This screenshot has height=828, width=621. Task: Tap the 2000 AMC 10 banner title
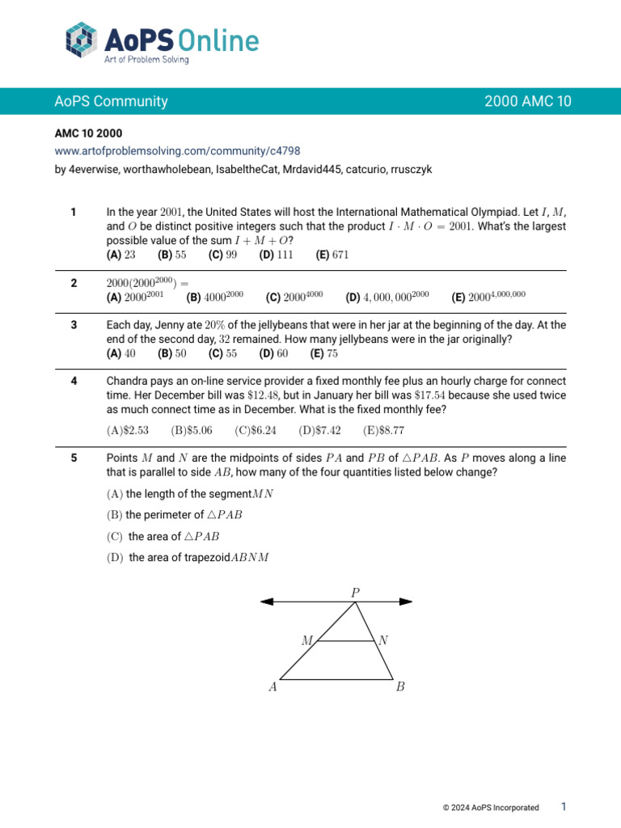click(527, 101)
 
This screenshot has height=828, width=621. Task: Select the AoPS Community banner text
click(112, 101)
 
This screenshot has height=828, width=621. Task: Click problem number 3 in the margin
click(74, 325)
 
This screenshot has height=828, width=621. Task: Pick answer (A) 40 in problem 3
click(121, 354)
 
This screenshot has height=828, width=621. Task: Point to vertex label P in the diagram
click(355, 593)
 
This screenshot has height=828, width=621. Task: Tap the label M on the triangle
click(307, 640)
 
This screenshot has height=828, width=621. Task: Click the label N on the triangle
click(383, 640)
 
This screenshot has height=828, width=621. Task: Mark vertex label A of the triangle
click(272, 688)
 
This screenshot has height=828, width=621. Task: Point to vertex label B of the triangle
click(400, 688)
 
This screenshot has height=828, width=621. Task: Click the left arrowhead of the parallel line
click(268, 601)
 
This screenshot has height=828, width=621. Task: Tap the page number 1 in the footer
click(564, 806)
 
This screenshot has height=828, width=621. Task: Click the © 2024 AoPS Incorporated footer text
click(491, 807)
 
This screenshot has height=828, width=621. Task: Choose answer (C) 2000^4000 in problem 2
click(294, 298)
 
